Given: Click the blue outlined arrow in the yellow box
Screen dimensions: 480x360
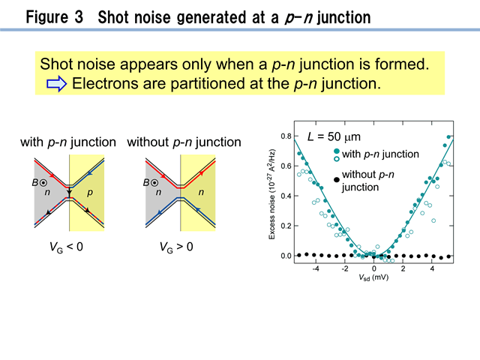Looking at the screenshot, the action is [x=57, y=84].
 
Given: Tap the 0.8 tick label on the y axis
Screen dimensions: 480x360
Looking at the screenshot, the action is [x=286, y=136].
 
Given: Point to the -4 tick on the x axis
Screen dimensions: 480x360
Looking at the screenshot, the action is [x=316, y=268].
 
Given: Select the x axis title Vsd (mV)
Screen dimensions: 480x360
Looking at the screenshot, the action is [x=373, y=277].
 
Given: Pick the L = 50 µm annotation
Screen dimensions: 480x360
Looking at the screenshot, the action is [x=334, y=136].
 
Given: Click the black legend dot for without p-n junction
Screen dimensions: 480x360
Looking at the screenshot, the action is [x=337, y=180].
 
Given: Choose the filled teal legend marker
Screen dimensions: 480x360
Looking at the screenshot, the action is [x=337, y=151].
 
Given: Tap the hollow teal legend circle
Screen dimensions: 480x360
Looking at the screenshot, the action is [x=337, y=158].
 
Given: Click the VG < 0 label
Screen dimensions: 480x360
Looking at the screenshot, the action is [x=66, y=247].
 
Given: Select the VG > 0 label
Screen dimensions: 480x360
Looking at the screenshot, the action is [x=176, y=247].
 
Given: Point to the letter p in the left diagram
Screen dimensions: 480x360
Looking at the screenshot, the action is [x=90, y=193].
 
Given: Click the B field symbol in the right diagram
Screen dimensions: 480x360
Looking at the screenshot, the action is [x=150, y=183].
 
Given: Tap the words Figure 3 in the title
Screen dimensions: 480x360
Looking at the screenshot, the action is [x=55, y=16].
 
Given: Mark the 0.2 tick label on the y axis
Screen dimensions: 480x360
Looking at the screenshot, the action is [x=286, y=226].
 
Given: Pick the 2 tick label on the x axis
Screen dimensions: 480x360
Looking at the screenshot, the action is [x=403, y=268].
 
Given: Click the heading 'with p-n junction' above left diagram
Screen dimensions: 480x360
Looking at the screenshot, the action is [x=68, y=142].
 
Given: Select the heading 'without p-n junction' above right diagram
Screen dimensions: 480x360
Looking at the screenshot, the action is [x=184, y=142].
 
